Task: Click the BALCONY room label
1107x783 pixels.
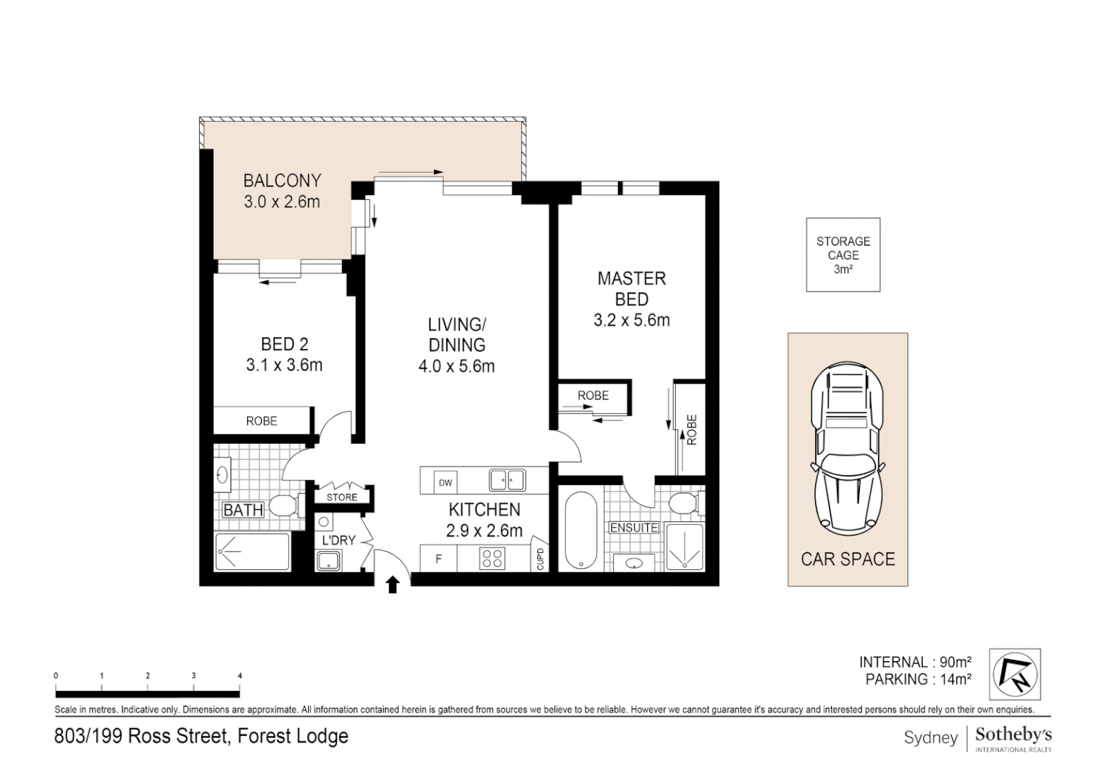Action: tap(282, 181)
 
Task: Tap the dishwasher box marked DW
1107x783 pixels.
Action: tap(445, 483)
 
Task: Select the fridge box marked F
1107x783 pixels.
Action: tap(438, 559)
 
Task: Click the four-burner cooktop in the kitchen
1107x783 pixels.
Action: tap(493, 558)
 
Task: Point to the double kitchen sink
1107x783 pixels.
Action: tap(506, 480)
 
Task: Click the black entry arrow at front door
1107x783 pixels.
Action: tap(393, 584)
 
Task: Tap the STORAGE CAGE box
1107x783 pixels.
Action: tap(843, 254)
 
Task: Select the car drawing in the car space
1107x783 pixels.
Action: tap(848, 449)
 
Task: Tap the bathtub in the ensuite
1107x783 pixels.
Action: tap(581, 531)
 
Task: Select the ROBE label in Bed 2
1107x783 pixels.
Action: tap(262, 420)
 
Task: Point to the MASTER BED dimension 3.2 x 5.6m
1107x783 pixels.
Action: tap(632, 320)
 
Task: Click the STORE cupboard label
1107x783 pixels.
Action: tap(342, 497)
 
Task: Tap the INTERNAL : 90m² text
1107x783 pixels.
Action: tap(914, 662)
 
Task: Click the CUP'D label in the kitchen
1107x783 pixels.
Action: tap(540, 559)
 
